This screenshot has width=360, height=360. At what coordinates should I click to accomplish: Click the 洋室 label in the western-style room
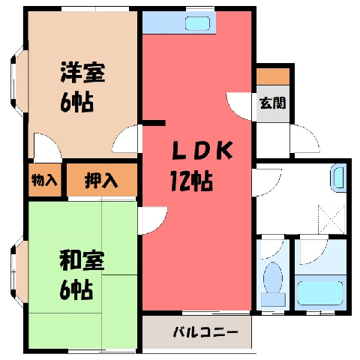(82, 73)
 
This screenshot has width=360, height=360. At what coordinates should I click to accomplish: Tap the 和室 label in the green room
(82, 260)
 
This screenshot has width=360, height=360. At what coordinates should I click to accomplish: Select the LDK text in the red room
(202, 150)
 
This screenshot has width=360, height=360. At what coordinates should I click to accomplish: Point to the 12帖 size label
(191, 181)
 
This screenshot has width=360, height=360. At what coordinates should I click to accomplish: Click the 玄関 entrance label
(273, 103)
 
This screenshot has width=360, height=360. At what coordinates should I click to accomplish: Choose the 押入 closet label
(101, 180)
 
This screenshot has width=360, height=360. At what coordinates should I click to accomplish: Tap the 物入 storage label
(44, 180)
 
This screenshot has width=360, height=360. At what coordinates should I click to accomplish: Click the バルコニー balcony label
(205, 332)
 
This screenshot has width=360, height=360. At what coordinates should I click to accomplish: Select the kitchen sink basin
(197, 23)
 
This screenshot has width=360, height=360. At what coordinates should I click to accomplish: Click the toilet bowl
(273, 277)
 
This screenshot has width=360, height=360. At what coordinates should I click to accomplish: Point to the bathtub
(320, 293)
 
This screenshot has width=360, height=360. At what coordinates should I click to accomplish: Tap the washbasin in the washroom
(339, 177)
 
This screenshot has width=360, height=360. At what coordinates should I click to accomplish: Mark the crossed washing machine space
(332, 220)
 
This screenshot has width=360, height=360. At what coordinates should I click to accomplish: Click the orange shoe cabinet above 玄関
(273, 76)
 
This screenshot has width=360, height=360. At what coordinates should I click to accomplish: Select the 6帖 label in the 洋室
(77, 103)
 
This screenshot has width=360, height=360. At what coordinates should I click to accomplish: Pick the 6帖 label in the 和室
(76, 290)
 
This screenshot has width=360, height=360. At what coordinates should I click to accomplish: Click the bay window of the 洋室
(19, 81)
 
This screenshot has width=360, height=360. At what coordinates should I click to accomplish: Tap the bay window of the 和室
(19, 272)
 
